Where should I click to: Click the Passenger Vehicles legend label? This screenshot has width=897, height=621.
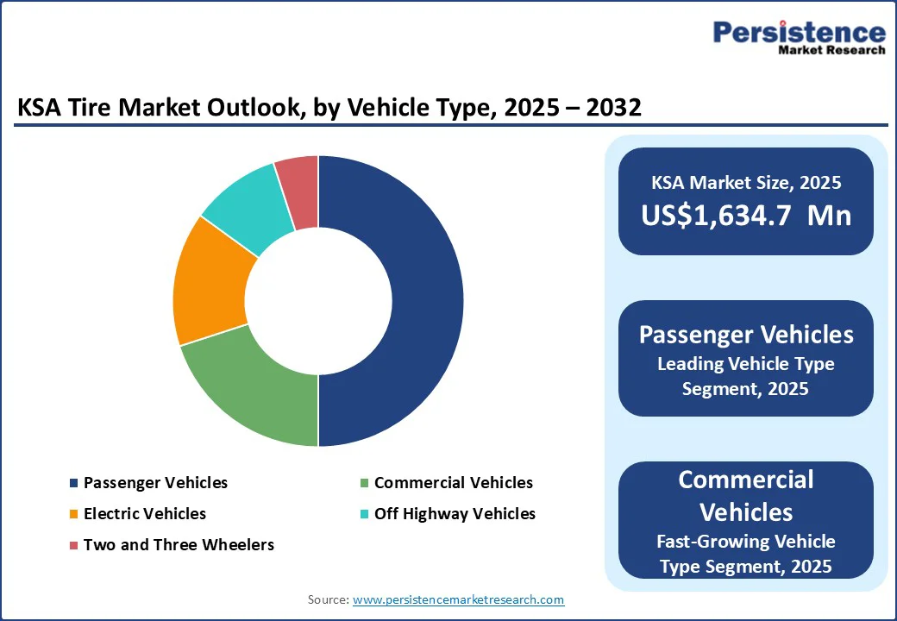pos(155,483)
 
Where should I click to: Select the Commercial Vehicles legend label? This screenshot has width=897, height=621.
pos(454,483)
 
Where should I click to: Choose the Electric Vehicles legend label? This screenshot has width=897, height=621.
pos(145,514)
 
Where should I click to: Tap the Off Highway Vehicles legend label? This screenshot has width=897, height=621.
pos(455,514)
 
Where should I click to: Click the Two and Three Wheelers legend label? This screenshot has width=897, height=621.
pos(179,545)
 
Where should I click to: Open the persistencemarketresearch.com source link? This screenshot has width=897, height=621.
pos(458,599)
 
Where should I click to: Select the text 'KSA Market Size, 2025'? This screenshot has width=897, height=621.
pos(745,183)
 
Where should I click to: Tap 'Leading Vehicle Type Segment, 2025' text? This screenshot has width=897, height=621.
pos(745,376)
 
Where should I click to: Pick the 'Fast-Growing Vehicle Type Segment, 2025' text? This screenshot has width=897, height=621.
pos(745,554)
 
